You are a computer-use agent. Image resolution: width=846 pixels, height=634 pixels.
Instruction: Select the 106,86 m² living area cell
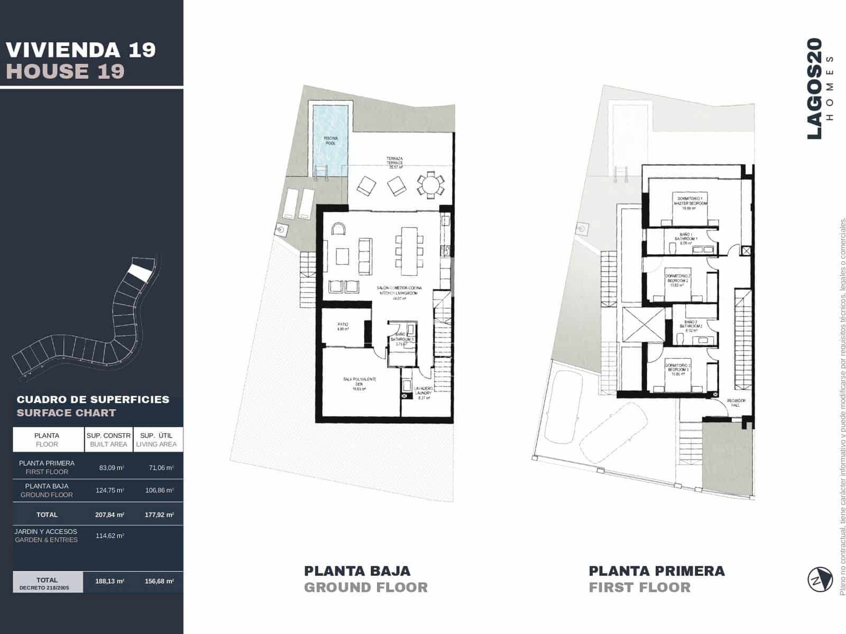tap(159, 490)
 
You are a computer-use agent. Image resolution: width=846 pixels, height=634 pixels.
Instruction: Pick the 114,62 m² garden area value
tap(110, 536)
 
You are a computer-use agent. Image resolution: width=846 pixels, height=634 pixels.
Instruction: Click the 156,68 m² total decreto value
tap(159, 581)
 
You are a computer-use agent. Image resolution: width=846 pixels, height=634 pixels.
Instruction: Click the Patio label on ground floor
tap(343, 327)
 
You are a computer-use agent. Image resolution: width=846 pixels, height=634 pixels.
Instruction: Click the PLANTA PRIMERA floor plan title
tap(656, 571)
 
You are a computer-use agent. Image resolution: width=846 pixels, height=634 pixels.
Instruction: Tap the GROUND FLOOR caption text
tap(365, 588)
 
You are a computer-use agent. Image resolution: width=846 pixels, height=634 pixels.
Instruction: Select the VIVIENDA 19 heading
tap(81, 50)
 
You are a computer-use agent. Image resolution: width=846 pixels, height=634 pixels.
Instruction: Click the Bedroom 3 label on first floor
tap(677, 369)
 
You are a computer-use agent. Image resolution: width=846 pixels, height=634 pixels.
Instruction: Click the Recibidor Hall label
tap(735, 403)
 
